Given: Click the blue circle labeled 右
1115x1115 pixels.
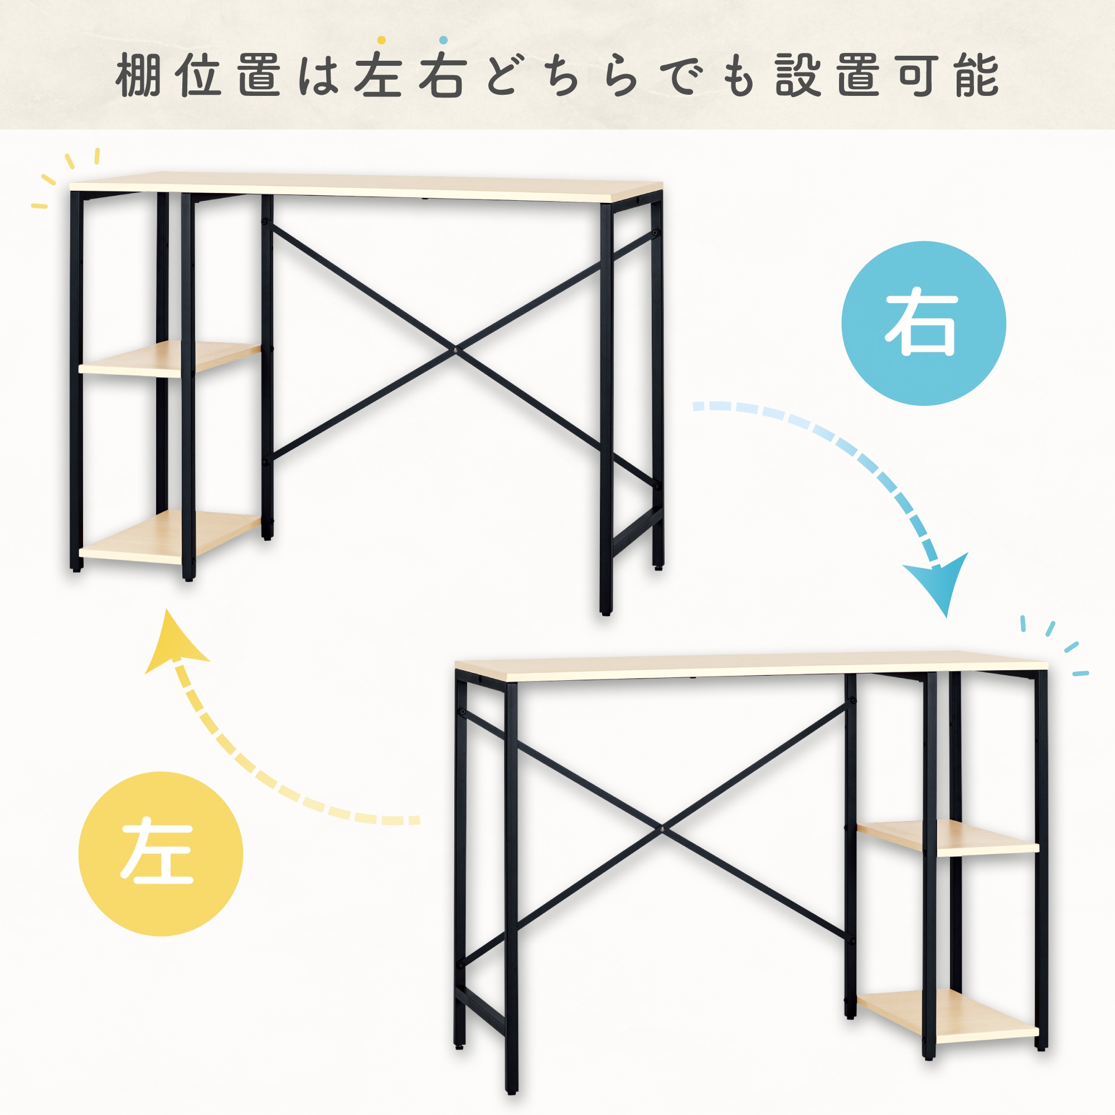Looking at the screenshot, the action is point(924,323).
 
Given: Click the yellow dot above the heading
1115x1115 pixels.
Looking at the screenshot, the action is point(381,40).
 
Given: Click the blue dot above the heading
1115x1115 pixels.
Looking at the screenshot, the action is point(443,40).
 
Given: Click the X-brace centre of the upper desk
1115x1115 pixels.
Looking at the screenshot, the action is point(457,349).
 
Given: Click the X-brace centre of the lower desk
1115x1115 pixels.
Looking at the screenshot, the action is point(663,830).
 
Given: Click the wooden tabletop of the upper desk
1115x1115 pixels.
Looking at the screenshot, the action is point(366,187).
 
